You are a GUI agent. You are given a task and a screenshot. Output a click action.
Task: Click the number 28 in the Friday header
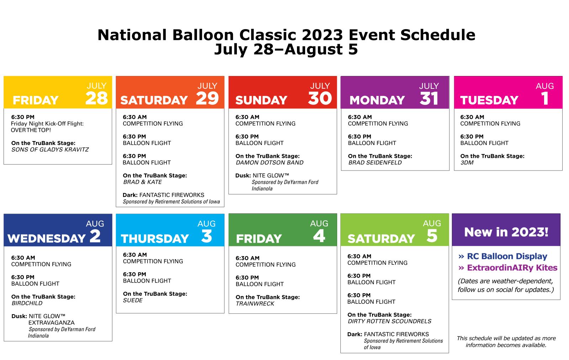(x=96, y=98)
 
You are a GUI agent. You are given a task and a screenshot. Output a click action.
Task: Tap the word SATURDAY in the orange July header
(x=154, y=100)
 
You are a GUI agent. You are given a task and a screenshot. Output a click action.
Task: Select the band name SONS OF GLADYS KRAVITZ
(x=50, y=150)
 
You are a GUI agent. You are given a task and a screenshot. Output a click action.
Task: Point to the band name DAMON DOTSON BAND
(x=270, y=162)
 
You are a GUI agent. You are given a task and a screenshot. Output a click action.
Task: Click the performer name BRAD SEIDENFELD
(x=375, y=162)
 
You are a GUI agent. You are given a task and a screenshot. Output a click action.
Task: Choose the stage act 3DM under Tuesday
(x=467, y=162)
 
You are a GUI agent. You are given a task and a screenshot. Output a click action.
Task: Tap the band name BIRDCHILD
(x=27, y=303)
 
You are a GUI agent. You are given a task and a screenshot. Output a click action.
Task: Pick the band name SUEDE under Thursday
(x=133, y=300)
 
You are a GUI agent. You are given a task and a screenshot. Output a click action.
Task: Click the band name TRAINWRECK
(x=255, y=303)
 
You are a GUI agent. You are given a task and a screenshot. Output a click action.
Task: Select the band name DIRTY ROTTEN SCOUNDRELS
(x=389, y=321)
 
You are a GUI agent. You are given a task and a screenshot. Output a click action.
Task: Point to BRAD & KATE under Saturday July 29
(x=143, y=182)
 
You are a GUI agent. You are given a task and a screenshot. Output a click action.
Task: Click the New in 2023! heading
(x=506, y=232)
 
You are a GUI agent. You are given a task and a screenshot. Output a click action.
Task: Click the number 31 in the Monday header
(x=429, y=98)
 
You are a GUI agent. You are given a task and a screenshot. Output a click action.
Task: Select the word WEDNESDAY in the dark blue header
(x=47, y=238)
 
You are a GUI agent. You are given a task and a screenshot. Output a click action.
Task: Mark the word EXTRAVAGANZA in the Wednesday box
(x=51, y=323)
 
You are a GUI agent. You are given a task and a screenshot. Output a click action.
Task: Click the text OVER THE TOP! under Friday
(x=31, y=130)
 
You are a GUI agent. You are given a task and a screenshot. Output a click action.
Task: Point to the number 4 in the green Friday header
(x=319, y=236)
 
